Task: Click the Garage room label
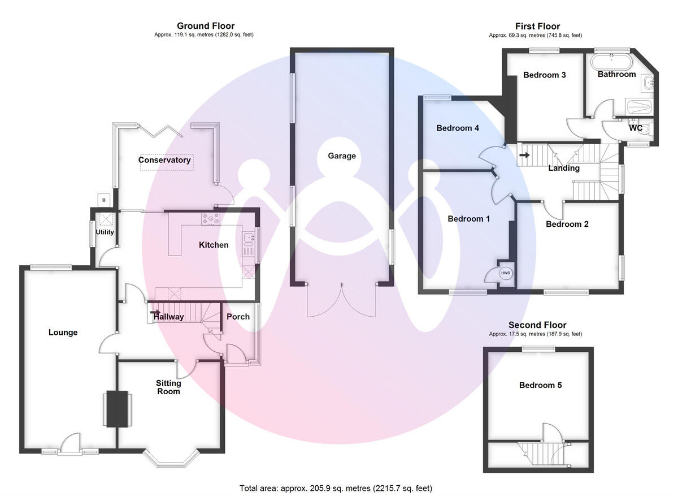pos(342,156)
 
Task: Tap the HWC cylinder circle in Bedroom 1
pos(506,273)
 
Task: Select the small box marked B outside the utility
pos(104,200)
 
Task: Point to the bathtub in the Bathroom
pos(611,62)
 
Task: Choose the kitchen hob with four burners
pos(211,219)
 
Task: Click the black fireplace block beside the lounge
pos(117,409)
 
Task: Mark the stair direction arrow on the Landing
pos(524,155)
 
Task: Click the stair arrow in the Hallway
pos(155,312)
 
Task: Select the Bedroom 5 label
pos(540,385)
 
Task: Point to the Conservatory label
pos(164,160)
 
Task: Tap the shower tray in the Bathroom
pos(639,107)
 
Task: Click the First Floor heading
pos(537,26)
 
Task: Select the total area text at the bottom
pos(336,489)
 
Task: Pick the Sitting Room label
pos(168,387)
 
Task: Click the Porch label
pos(238,317)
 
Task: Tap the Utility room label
pos(105,232)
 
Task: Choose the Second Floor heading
pos(537,325)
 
